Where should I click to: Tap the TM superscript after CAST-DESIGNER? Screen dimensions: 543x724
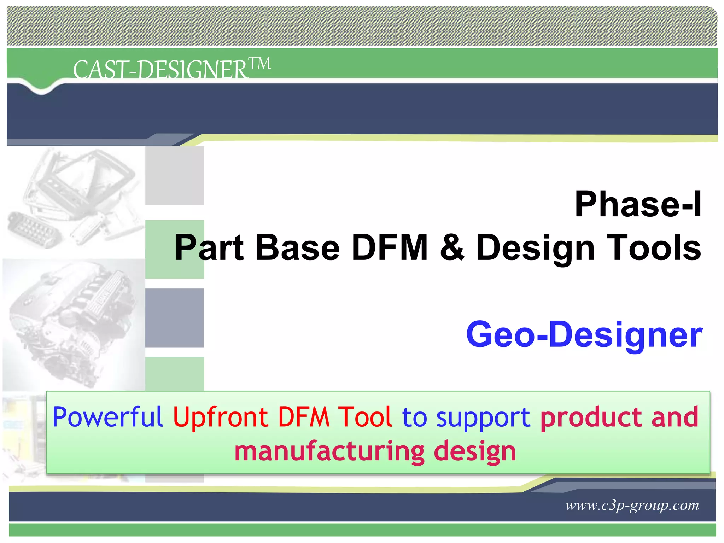tap(260, 64)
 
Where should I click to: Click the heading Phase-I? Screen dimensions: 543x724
tap(638, 204)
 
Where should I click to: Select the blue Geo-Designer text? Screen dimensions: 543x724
tap(584, 334)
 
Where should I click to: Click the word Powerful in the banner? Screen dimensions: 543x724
tap(107, 417)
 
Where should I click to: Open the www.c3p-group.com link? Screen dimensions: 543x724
tap(632, 505)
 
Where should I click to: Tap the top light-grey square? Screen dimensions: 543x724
tap(175, 175)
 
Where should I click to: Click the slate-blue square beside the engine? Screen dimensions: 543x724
tap(175, 317)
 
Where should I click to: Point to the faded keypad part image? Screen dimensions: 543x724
tap(34, 229)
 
